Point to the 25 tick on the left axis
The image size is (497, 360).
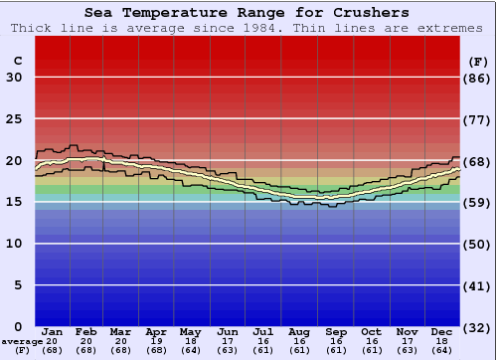pyautogui.click(x=14, y=119)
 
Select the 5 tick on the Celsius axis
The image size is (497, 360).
pyautogui.click(x=18, y=285)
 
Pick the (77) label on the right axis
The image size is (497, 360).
pyautogui.click(x=478, y=119)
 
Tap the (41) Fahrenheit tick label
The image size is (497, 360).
pyautogui.click(x=478, y=285)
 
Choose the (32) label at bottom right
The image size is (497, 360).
pyautogui.click(x=478, y=327)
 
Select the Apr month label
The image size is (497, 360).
pyautogui.click(x=156, y=331)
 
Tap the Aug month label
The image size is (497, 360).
pyautogui.click(x=298, y=331)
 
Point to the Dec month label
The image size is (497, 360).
pyautogui.click(x=441, y=331)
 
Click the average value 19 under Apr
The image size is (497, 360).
pyautogui.click(x=156, y=341)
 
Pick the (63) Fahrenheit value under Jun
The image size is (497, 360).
pyautogui.click(x=227, y=350)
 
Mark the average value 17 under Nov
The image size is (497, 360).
pyautogui.click(x=407, y=341)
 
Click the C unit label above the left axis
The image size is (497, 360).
pyautogui.click(x=17, y=61)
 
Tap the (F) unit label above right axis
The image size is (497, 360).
pyautogui.click(x=478, y=61)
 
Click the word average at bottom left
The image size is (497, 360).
pyautogui.click(x=22, y=341)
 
